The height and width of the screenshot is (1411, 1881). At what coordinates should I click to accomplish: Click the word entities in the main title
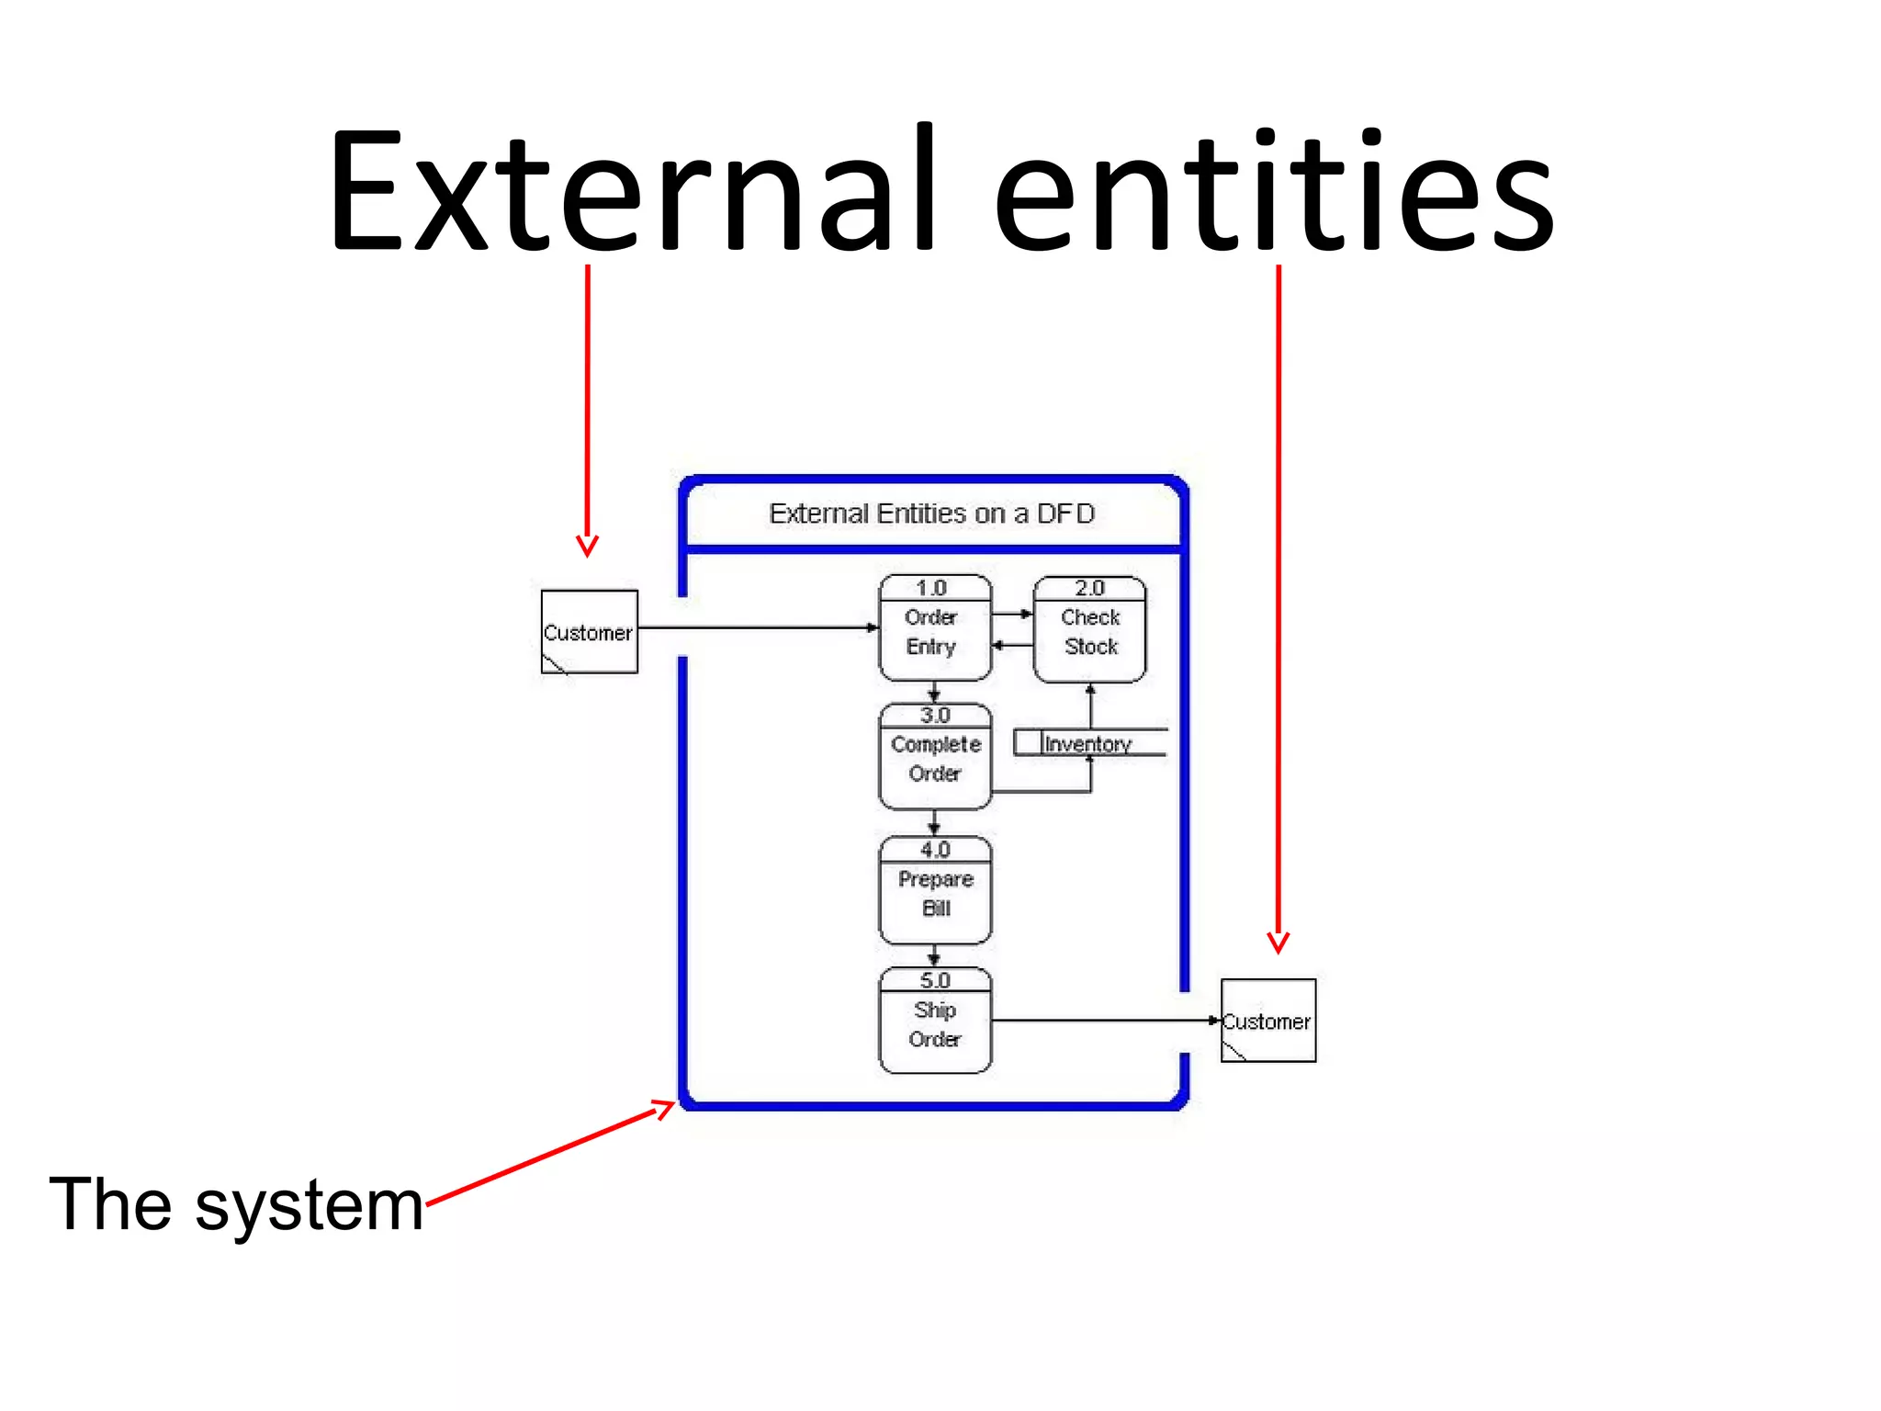click(1274, 193)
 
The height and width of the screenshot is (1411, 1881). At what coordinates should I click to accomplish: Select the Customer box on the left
click(589, 632)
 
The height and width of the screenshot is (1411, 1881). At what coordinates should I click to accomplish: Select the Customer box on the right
click(1268, 1021)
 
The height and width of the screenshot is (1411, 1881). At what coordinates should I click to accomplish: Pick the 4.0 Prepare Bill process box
click(934, 892)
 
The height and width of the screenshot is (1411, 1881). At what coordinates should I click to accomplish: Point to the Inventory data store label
click(1087, 744)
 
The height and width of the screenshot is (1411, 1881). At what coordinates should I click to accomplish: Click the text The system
click(236, 1204)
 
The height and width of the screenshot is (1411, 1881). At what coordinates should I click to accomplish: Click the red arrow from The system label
click(551, 1153)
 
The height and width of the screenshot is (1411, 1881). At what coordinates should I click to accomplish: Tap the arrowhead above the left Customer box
click(588, 546)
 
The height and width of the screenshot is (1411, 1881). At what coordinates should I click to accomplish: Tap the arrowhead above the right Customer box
click(1278, 943)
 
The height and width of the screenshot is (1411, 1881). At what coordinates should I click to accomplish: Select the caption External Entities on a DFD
click(931, 514)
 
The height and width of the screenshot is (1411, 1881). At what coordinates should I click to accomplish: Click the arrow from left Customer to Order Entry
click(758, 628)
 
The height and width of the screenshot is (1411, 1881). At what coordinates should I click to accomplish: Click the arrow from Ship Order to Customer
click(1102, 1021)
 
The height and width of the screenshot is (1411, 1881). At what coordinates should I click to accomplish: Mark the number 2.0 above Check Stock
click(1089, 588)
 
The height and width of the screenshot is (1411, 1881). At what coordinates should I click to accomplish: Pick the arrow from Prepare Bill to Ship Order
click(934, 956)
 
